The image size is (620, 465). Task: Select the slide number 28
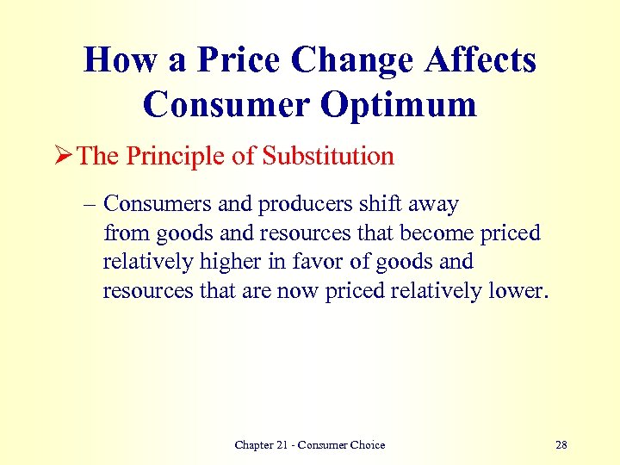pos(561,444)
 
